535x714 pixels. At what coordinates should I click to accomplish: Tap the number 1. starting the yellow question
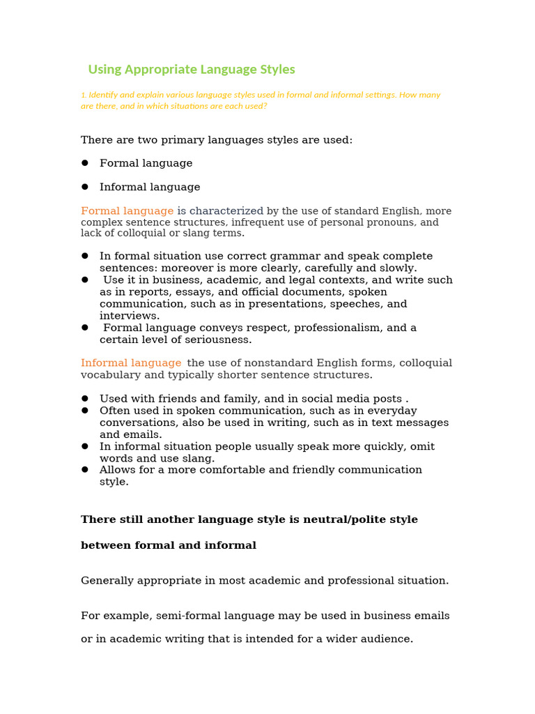pos(84,95)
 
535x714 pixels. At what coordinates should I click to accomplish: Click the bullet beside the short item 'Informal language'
pos(85,187)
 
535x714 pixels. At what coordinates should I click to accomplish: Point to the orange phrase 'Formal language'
pos(127,211)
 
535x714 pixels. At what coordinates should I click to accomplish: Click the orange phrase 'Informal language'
pos(131,363)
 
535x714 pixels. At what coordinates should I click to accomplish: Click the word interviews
pos(129,316)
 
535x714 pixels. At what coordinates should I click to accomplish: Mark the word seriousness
pos(217,340)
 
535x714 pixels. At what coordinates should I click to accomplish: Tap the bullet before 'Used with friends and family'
pos(85,398)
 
